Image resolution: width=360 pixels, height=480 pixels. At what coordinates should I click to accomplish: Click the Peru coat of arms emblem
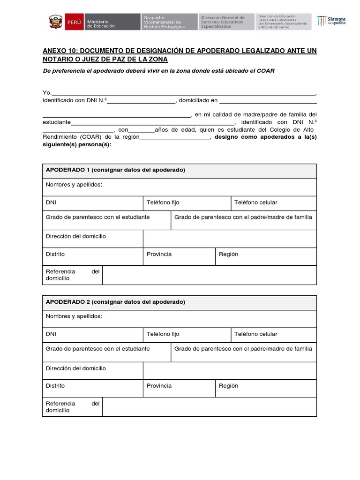pyautogui.click(x=55, y=22)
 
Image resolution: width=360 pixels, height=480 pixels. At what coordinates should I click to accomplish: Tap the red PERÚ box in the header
pyautogui.click(x=74, y=22)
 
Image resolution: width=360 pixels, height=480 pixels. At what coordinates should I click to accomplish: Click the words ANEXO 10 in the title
pyautogui.click(x=59, y=51)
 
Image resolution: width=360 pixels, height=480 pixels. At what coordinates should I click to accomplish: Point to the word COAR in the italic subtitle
pyautogui.click(x=266, y=71)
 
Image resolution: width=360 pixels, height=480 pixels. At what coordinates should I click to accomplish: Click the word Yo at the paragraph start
pyautogui.click(x=46, y=93)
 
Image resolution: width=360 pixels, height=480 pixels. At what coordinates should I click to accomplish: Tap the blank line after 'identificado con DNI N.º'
pyautogui.click(x=141, y=100)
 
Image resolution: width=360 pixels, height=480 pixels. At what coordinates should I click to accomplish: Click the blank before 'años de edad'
pyautogui.click(x=141, y=130)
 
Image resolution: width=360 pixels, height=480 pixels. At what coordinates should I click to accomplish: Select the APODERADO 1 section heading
pyautogui.click(x=115, y=170)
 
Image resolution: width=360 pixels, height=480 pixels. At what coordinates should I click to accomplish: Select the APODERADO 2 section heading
pyautogui.click(x=115, y=302)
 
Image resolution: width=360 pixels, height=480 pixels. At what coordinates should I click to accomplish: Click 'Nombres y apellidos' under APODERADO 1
pyautogui.click(x=74, y=185)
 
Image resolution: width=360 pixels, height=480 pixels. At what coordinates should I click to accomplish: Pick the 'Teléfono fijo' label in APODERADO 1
pyautogui.click(x=163, y=202)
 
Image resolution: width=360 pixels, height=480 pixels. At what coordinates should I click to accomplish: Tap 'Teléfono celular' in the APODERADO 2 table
pyautogui.click(x=255, y=334)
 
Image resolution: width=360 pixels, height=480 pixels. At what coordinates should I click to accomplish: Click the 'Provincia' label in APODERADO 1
pyautogui.click(x=159, y=254)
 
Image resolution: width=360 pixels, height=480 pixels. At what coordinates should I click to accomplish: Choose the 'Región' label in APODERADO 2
pyautogui.click(x=228, y=386)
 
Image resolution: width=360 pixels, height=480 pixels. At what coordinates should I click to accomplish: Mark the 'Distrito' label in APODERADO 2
pyautogui.click(x=55, y=386)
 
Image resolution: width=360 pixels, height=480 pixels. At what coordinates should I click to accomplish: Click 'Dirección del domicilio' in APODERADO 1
pyautogui.click(x=76, y=236)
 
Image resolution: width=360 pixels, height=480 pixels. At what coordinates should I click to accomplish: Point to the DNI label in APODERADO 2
pyautogui.click(x=51, y=334)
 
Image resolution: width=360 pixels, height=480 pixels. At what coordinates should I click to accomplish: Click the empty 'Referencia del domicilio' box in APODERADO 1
pyautogui.click(x=209, y=275)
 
